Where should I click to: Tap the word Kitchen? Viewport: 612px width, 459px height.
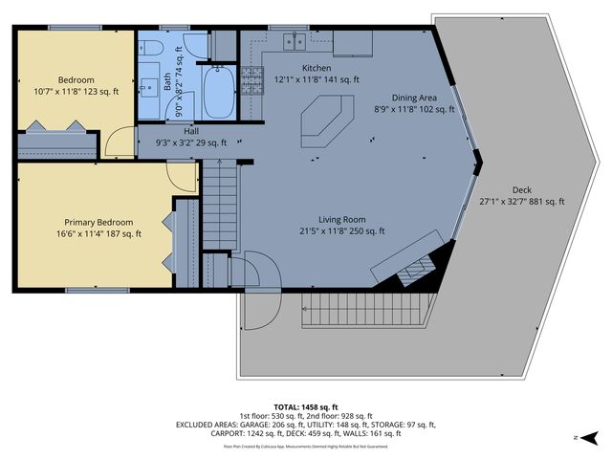[x=317, y=68]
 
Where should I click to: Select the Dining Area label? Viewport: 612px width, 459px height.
[x=415, y=98]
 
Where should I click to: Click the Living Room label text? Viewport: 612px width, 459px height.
[x=327, y=218]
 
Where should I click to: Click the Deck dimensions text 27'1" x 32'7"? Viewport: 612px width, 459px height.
[x=521, y=202]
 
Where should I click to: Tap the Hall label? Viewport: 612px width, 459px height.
[x=191, y=131]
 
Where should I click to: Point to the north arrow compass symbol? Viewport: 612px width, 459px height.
[x=592, y=438]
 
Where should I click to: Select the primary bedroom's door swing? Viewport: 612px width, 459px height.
[x=181, y=176]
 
